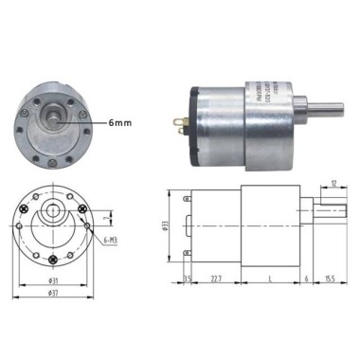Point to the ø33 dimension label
[167, 227]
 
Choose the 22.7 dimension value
[217, 278]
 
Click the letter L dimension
[271, 278]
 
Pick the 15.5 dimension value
[328, 278]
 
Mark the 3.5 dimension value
[187, 278]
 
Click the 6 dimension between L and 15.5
[306, 278]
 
